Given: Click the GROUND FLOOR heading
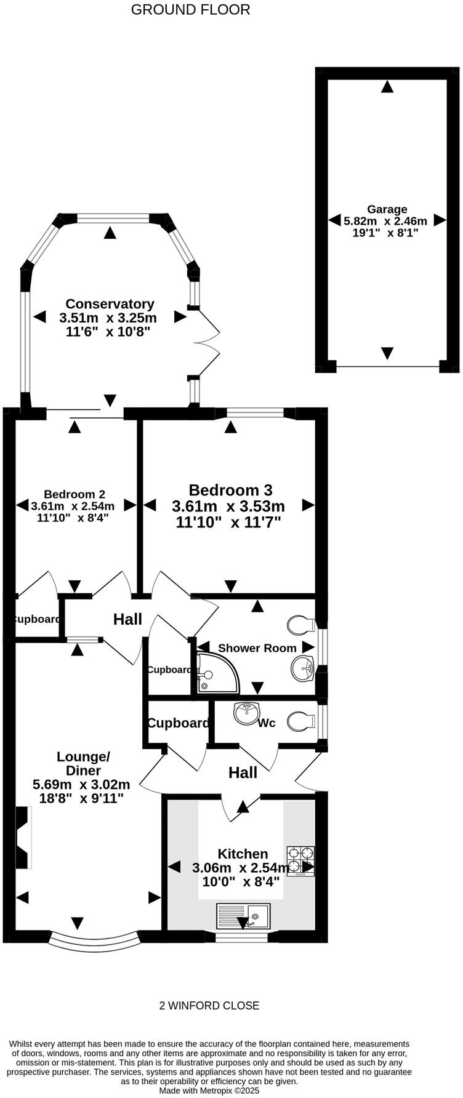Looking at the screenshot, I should [190, 10].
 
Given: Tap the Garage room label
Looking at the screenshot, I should [387, 209].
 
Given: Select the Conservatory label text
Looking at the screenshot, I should [110, 303].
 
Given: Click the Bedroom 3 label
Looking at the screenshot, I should [230, 490].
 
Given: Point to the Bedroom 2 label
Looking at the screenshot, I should [74, 494].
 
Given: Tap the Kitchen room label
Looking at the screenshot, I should [243, 854].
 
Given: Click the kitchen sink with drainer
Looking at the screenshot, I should [243, 916].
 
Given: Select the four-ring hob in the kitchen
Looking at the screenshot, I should [300, 860].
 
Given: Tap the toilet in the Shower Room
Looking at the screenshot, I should [301, 625].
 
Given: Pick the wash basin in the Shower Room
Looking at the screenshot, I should [302, 668].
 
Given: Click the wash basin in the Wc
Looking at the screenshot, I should [246, 713].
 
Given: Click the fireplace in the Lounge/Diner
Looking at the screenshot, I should [23, 838].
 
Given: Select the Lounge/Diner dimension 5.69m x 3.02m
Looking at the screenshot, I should [81, 784].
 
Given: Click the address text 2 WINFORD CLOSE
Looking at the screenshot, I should [209, 1006].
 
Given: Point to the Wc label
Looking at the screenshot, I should [266, 723].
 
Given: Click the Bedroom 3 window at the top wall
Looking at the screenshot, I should [255, 413].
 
